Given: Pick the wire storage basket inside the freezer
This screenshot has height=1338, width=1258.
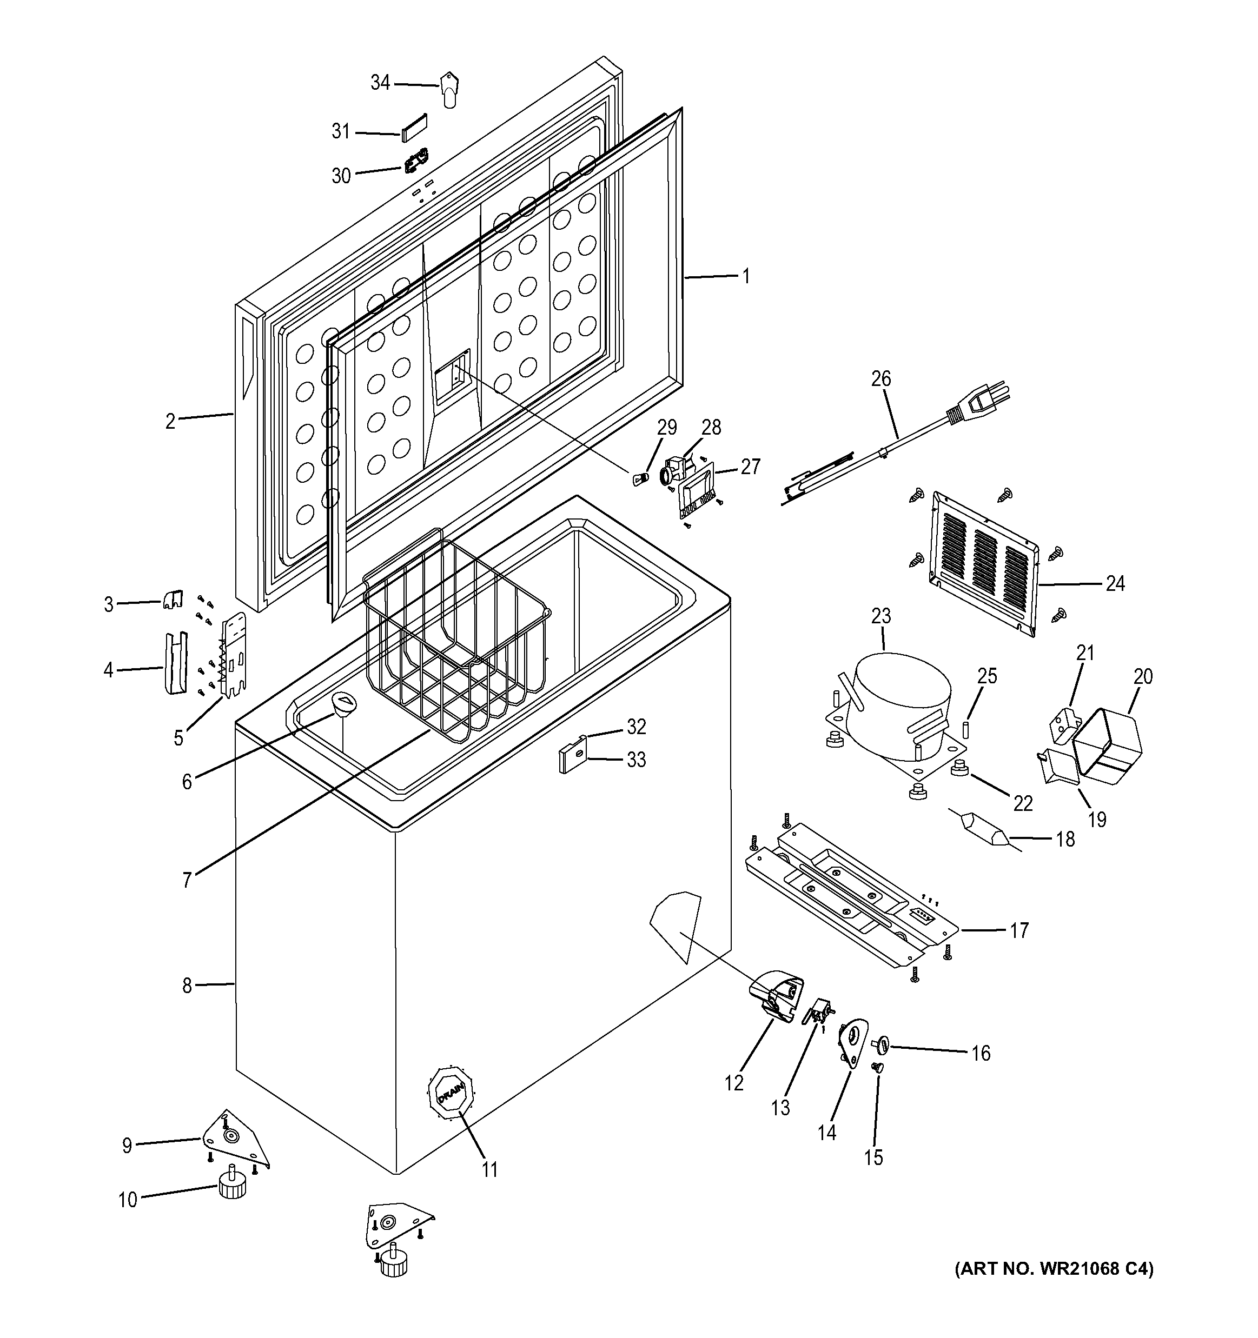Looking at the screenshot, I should tap(458, 640).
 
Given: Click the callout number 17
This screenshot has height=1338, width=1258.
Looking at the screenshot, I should tap(1019, 930).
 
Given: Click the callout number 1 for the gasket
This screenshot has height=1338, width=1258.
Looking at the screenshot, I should tap(745, 276).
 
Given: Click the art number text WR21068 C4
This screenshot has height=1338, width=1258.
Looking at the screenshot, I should tap(1055, 1269).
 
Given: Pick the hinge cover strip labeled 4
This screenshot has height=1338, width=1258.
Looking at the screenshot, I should tap(175, 663).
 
